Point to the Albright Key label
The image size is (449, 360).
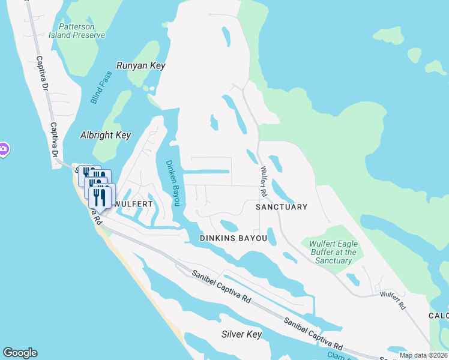pyautogui.click(x=106, y=135)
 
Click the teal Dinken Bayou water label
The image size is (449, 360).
pyautogui.click(x=172, y=183)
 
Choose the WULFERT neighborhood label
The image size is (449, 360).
pyautogui.click(x=134, y=204)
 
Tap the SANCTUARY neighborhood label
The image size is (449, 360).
pyautogui.click(x=281, y=207)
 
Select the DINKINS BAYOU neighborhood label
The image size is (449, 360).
pyautogui.click(x=233, y=239)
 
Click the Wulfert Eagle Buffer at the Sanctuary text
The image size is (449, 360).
pyautogui.click(x=333, y=252)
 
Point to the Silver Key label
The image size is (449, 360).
pyautogui.click(x=241, y=334)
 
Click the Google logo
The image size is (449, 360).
pyautogui.click(x=20, y=353)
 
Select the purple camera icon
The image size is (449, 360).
pyautogui.click(x=2, y=149)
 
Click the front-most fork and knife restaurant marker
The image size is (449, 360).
pyautogui.click(x=100, y=197)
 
